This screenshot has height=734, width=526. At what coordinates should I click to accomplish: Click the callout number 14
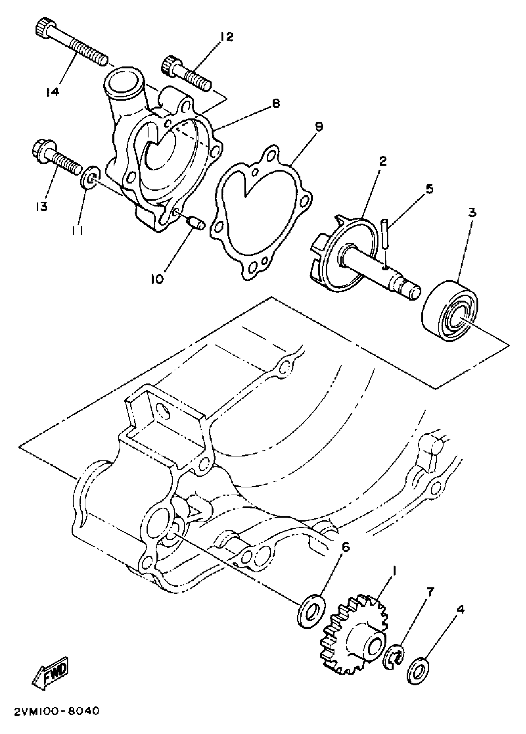coord(52,92)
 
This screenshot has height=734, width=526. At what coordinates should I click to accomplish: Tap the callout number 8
coord(276,104)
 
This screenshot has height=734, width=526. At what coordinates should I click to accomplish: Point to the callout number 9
coord(319,127)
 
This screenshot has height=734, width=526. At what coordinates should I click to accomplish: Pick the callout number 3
coord(472,213)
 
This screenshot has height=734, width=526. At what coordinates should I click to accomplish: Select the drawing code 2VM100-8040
coord(57,719)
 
